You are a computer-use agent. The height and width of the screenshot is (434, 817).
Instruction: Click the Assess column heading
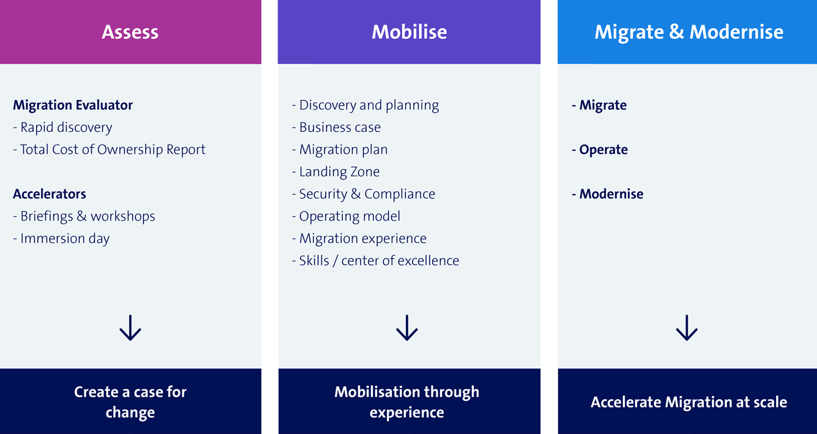pyautogui.click(x=130, y=32)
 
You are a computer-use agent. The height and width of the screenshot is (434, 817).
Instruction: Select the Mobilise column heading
pyautogui.click(x=409, y=32)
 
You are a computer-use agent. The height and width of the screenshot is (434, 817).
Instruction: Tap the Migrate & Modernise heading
pyautogui.click(x=689, y=32)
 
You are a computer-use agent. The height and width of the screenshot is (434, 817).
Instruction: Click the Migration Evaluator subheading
pyautogui.click(x=73, y=105)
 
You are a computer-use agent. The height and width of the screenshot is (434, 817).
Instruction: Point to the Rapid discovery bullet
pyautogui.click(x=63, y=127)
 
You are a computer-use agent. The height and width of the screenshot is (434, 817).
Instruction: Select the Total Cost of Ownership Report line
pyautogui.click(x=109, y=150)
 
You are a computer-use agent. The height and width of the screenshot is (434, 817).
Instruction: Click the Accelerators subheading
pyautogui.click(x=49, y=194)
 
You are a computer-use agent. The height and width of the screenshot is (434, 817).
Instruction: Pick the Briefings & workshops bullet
pyautogui.click(x=84, y=216)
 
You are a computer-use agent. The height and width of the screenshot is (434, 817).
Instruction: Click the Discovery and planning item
pyautogui.click(x=365, y=105)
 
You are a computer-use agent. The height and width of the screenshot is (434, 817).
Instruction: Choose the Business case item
pyautogui.click(x=336, y=127)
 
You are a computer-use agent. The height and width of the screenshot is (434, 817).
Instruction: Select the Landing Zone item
pyautogui.click(x=336, y=172)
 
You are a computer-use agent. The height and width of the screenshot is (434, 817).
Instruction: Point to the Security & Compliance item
pyautogui.click(x=364, y=194)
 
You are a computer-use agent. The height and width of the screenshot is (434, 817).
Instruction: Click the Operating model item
pyautogui.click(x=346, y=216)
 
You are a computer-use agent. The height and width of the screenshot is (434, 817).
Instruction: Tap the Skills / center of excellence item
pyautogui.click(x=376, y=260)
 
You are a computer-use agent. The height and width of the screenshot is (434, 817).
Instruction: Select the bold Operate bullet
pyautogui.click(x=600, y=150)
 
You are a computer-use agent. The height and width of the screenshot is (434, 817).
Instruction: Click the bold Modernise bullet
pyautogui.click(x=608, y=194)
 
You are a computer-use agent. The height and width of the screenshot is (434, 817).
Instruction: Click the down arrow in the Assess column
pyautogui.click(x=130, y=328)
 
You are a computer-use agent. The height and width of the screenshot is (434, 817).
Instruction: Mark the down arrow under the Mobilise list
pyautogui.click(x=407, y=328)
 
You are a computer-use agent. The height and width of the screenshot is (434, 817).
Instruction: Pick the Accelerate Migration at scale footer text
pyautogui.click(x=689, y=402)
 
